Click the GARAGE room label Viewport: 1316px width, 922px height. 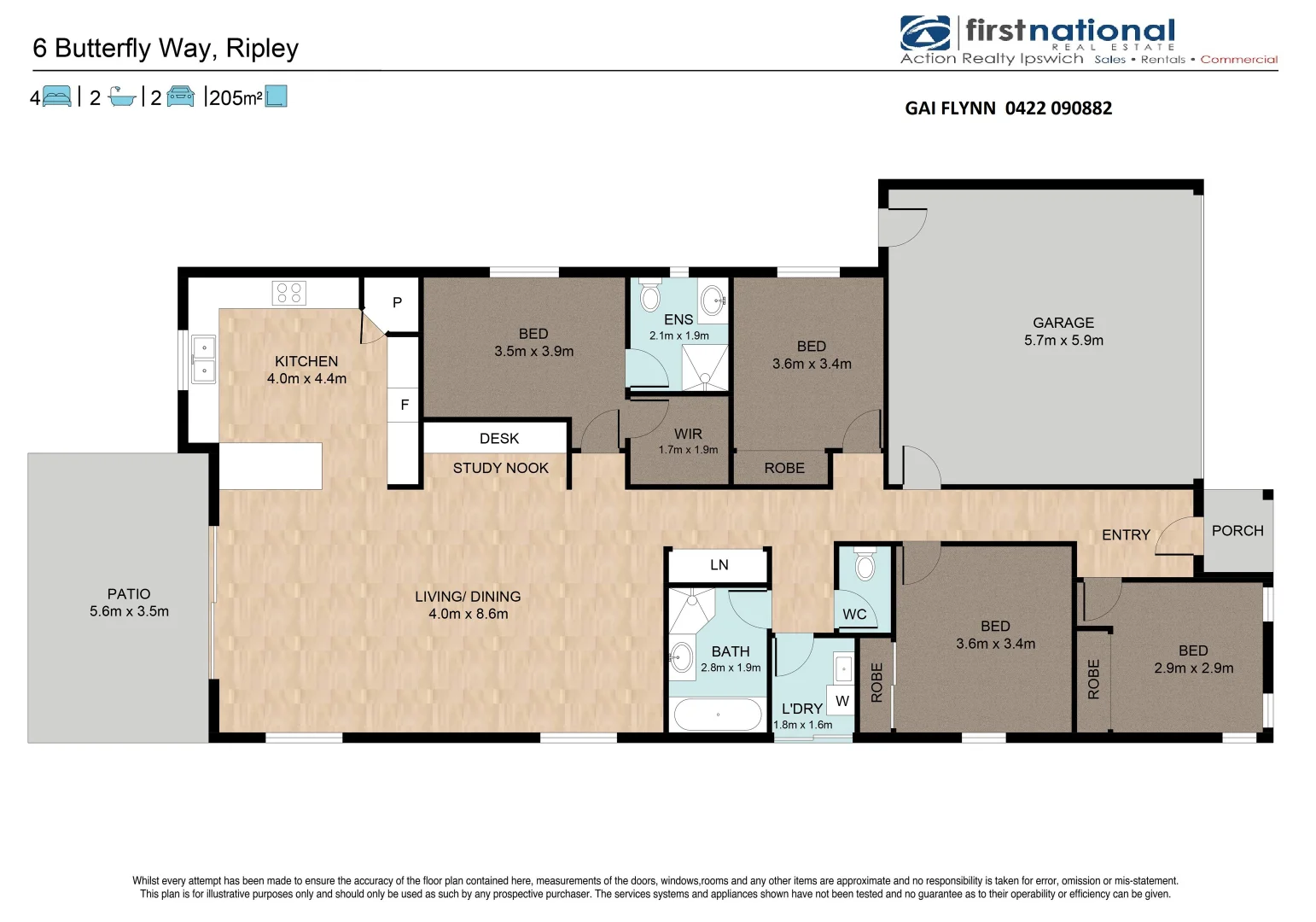(1063, 323)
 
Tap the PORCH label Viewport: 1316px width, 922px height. (1237, 531)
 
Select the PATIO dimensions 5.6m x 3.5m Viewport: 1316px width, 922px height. (129, 611)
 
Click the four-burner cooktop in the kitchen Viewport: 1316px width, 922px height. (289, 293)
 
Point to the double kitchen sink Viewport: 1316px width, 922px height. (203, 359)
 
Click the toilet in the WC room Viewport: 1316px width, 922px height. (865, 565)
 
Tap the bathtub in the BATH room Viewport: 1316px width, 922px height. (718, 715)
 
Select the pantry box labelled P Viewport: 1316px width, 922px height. (397, 302)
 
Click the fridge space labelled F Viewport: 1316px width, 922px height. (405, 405)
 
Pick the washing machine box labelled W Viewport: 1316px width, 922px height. (841, 701)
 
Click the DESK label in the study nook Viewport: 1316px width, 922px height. (499, 439)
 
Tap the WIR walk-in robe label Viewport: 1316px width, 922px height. (688, 434)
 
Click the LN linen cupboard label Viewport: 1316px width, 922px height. (719, 565)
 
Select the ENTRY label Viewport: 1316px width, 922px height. (1126, 535)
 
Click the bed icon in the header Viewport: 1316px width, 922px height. (56, 96)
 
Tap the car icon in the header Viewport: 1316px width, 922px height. (180, 96)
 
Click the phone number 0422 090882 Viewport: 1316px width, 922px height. (1058, 108)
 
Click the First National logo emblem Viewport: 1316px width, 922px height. (925, 33)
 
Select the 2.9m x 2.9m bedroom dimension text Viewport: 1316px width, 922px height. (1193, 668)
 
